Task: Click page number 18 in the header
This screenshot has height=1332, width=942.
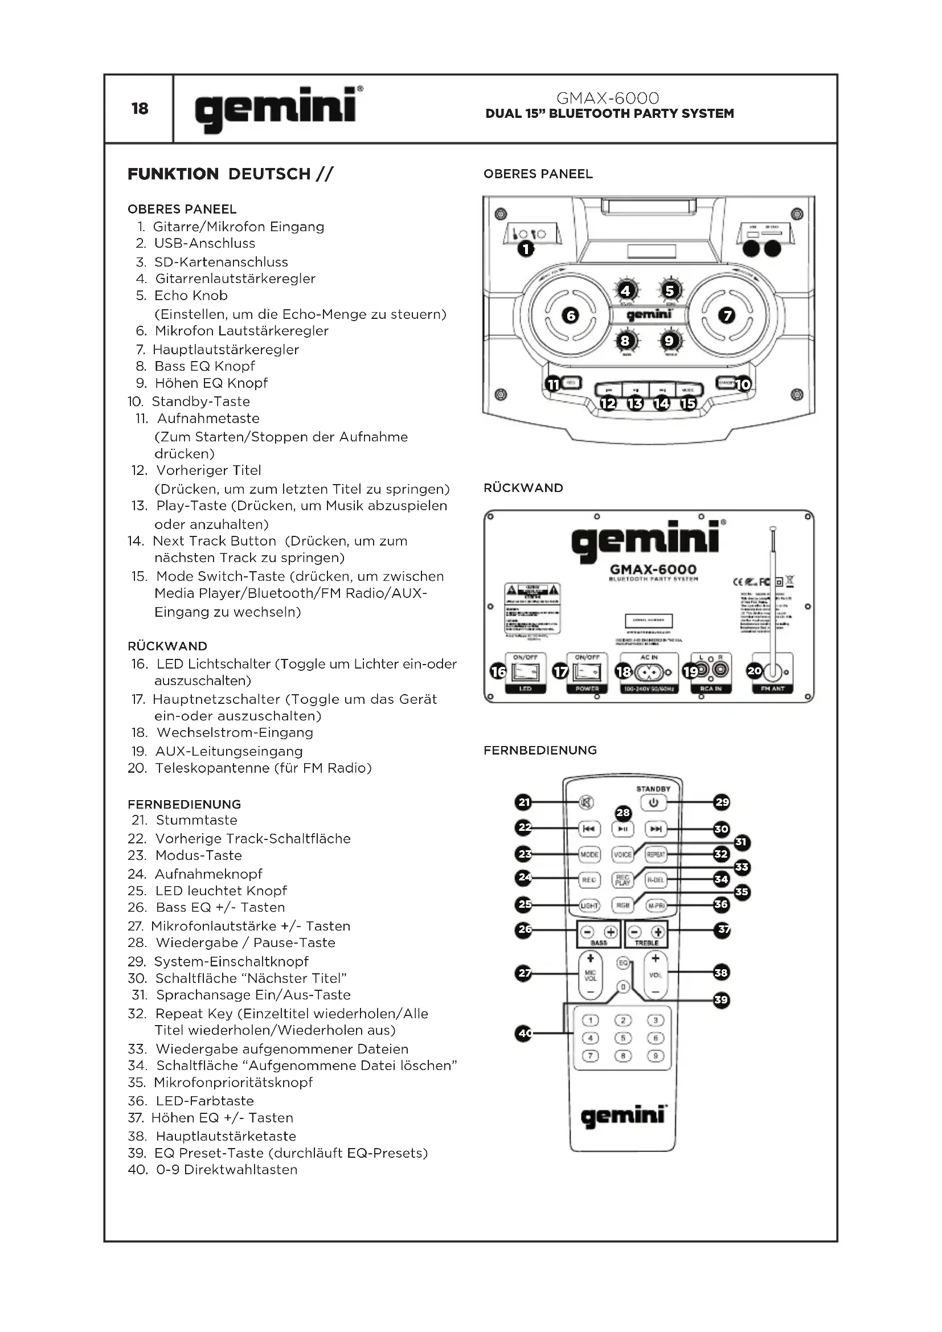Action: coord(140,109)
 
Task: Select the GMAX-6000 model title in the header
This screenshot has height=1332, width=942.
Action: coord(607,98)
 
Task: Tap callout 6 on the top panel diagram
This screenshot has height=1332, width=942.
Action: coord(571,315)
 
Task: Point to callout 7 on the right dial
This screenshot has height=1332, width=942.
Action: coord(726,315)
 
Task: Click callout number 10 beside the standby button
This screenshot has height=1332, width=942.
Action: coord(743,384)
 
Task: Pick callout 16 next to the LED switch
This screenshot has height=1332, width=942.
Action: coord(499,672)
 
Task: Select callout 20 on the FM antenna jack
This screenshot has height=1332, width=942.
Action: coord(754,671)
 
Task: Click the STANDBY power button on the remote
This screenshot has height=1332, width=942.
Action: coord(653,803)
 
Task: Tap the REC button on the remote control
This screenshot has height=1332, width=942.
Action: coord(589,880)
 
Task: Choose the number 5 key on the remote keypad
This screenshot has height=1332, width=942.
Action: coord(622,1038)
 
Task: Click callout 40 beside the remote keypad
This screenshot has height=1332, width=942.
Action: coord(524,1032)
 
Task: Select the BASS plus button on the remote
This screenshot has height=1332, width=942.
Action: coord(610,932)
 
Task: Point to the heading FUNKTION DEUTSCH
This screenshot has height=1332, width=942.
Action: coord(230,174)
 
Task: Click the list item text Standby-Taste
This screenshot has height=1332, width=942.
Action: coord(200,401)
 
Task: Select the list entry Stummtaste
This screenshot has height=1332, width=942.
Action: coord(196,820)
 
